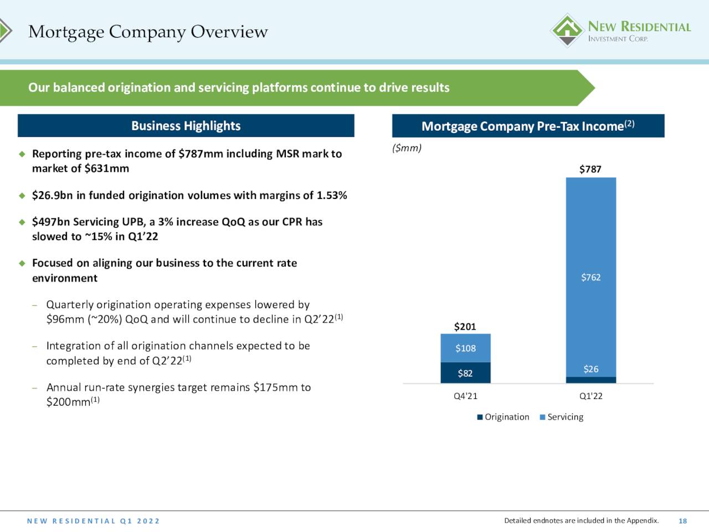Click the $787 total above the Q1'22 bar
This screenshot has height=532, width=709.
590,169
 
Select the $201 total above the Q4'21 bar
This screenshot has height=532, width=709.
465,326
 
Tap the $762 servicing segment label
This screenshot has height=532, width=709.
591,277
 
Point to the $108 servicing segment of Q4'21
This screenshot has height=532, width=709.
465,348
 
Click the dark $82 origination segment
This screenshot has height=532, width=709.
465,373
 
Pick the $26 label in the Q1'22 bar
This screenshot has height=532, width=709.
591,369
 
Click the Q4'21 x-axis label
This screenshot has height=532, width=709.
465,396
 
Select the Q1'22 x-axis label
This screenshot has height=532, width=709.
591,396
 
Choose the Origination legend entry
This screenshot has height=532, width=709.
504,417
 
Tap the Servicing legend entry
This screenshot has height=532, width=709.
562,417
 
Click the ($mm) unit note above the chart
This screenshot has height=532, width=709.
407,149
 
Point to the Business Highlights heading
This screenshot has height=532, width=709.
186,126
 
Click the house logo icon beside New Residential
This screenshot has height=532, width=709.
567,30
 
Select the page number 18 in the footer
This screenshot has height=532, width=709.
683,521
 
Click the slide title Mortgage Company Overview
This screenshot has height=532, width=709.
148,32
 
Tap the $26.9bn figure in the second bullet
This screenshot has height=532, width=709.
52,196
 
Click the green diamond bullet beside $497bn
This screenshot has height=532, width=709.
22,222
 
